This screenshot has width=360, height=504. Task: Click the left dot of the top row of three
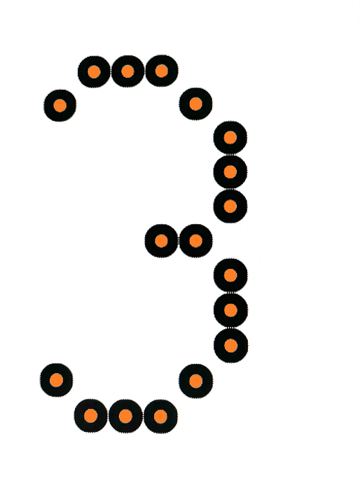(94, 71)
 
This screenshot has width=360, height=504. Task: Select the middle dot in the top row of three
(127, 71)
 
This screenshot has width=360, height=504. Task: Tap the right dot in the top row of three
(162, 71)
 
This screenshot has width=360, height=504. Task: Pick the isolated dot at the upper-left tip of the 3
(60, 105)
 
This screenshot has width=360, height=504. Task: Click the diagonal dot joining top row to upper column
(195, 104)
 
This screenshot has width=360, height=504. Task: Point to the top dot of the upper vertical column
(230, 138)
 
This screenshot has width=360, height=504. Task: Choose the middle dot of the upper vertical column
(230, 171)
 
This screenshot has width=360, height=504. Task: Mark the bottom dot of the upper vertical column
(230, 206)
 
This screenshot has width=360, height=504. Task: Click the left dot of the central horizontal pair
(162, 241)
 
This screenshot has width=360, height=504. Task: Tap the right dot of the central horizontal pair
(195, 241)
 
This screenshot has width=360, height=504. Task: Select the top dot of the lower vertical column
(230, 276)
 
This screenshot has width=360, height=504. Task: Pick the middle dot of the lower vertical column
(230, 310)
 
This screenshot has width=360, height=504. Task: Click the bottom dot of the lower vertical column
(230, 346)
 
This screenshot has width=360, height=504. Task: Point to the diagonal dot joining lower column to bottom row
(195, 381)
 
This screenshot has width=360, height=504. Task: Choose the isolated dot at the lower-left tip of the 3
(57, 380)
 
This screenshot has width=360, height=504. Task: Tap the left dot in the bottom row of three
(91, 416)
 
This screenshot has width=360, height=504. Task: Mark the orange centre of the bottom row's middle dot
(125, 416)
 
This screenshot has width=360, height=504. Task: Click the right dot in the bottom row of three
(160, 416)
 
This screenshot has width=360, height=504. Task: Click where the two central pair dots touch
(179, 241)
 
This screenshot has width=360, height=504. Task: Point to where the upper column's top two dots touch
(230, 155)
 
